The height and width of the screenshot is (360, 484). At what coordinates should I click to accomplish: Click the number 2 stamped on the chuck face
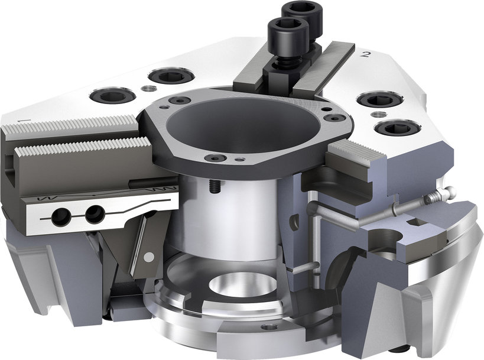pos(366,55)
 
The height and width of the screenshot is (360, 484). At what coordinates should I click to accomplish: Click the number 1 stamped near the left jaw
pos(20,120)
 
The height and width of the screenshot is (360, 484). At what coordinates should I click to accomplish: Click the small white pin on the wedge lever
pos(151,256)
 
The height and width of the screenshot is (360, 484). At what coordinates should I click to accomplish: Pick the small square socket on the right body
pos(413,222)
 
